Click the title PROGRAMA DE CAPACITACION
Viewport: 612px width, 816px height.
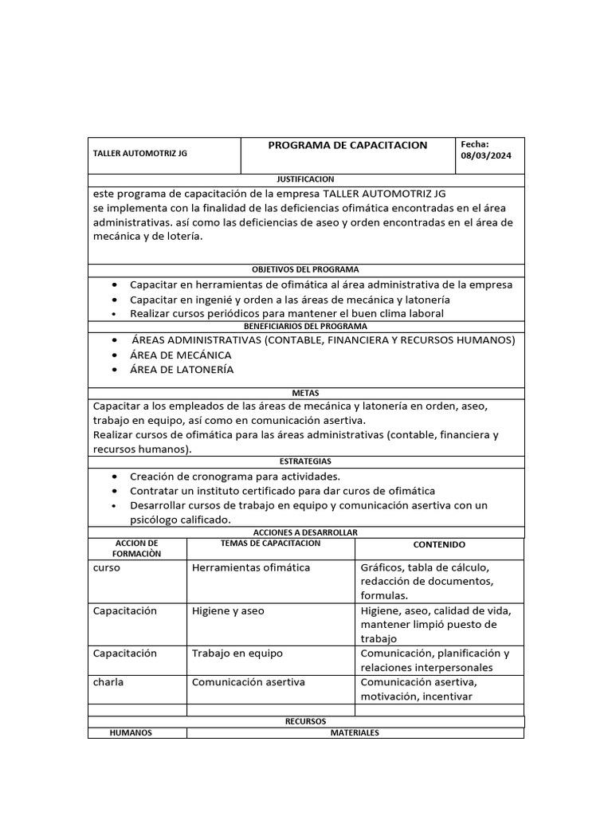point(347,145)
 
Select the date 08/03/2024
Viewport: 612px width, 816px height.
point(485,156)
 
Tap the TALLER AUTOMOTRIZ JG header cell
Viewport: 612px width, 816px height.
point(140,153)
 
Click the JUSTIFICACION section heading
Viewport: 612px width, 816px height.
point(305,179)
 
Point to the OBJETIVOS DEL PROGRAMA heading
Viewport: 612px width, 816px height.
point(305,269)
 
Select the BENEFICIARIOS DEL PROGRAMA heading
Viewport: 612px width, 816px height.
point(305,327)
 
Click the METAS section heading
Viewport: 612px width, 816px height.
point(305,393)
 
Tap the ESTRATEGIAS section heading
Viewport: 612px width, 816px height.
point(305,461)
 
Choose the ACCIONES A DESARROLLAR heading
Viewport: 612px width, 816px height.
point(305,532)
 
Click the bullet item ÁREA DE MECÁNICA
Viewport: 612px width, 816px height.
point(181,355)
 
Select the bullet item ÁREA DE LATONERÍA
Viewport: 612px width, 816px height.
point(182,370)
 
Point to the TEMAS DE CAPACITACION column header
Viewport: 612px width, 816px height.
point(270,543)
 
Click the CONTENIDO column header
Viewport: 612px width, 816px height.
point(439,545)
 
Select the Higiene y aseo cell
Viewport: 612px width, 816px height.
point(228,610)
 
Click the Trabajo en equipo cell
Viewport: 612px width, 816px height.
point(237,653)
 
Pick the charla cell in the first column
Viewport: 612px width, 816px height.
point(108,682)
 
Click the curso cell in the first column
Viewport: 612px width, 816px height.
point(107,567)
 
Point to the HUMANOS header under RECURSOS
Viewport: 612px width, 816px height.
point(131,733)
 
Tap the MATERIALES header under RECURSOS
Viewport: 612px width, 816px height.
point(355,733)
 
